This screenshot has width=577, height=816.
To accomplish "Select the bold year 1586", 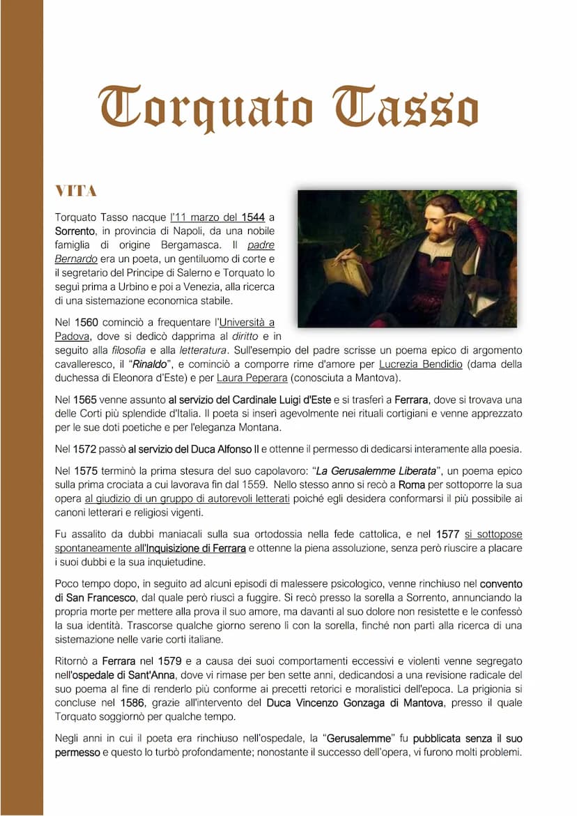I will (x=132, y=703).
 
